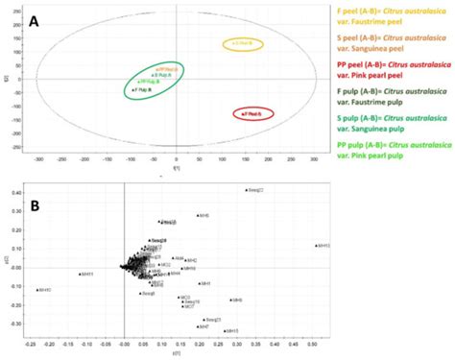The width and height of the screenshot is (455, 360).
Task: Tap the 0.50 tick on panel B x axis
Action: point(311,344)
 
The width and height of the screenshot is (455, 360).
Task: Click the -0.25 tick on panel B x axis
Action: point(36,344)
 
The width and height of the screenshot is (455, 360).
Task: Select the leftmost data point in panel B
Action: point(36,289)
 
